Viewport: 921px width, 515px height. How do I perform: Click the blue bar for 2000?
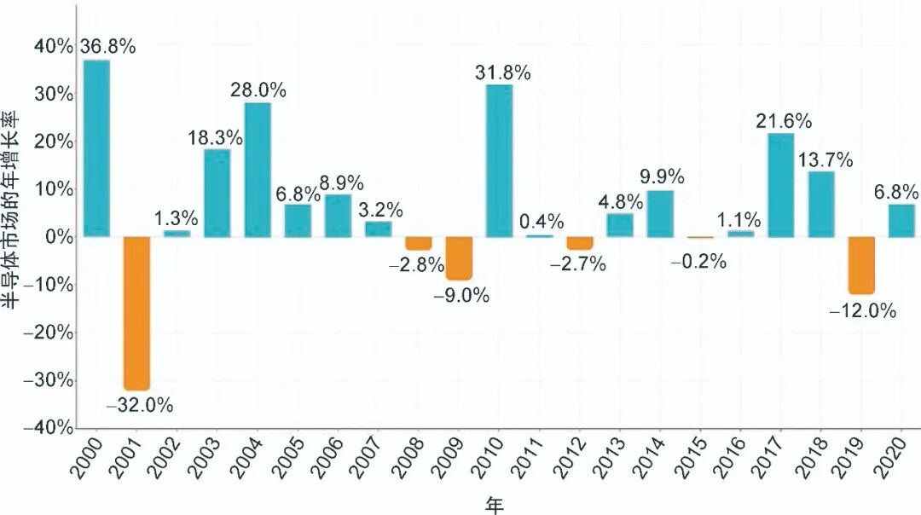(x=96, y=148)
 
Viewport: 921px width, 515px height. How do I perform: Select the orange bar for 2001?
(x=136, y=312)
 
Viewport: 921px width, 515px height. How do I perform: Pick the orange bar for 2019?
(x=860, y=264)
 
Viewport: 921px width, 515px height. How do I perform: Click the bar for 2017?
(x=780, y=184)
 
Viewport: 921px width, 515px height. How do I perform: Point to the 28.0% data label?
(x=258, y=90)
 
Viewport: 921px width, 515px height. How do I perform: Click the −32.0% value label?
(x=139, y=405)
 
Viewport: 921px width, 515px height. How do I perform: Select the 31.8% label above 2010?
(x=502, y=72)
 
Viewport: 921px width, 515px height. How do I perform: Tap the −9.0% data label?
(x=461, y=295)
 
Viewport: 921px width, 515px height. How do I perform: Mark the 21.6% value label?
(x=783, y=121)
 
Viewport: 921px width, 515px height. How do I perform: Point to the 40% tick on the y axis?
(x=54, y=46)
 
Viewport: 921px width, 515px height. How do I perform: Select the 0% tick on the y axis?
(x=59, y=236)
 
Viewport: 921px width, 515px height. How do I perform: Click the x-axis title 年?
(x=495, y=505)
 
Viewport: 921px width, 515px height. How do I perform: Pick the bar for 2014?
(x=660, y=213)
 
